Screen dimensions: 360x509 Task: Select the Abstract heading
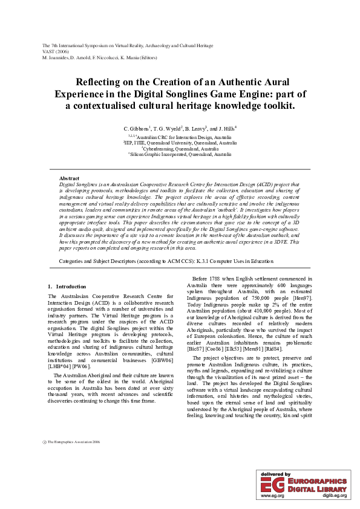tap(69, 179)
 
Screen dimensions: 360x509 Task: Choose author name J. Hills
tap(227, 129)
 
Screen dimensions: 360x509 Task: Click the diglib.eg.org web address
tap(334, 496)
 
